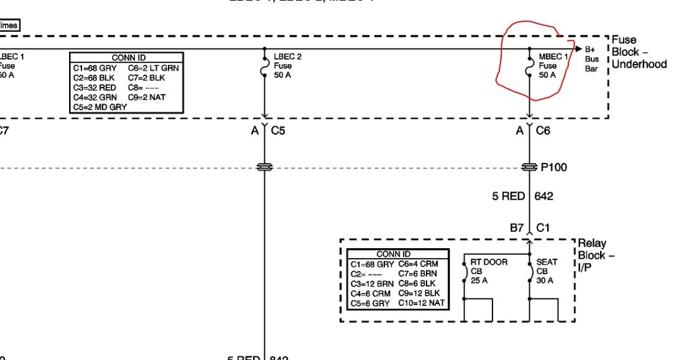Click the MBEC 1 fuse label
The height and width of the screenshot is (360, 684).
point(553,65)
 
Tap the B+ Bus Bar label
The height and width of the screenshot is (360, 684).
point(591,58)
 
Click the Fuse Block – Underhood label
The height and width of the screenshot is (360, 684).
point(639,52)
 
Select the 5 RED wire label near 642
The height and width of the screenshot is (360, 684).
point(509,197)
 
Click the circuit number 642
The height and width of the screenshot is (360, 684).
point(544,197)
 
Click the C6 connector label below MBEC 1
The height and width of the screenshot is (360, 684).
point(543,131)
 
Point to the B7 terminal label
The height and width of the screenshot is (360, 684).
point(517,228)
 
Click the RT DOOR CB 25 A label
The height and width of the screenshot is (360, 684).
point(489,271)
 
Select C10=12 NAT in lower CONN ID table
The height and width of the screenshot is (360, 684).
point(422,303)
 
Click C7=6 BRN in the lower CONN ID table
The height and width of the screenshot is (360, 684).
point(418,274)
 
